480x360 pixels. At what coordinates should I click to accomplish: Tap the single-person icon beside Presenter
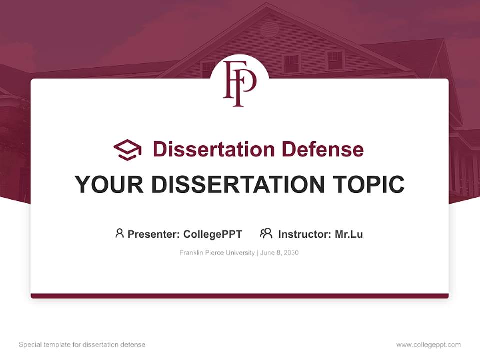click(x=119, y=233)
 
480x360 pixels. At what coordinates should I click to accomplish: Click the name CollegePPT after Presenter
click(x=213, y=234)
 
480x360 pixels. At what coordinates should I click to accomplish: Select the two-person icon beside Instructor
click(x=266, y=233)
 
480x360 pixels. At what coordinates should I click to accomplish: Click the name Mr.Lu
click(x=349, y=234)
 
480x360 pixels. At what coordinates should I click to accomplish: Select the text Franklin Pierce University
click(x=217, y=253)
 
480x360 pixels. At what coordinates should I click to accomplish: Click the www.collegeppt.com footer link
click(x=428, y=345)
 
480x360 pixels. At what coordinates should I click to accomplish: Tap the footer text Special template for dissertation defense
click(x=82, y=345)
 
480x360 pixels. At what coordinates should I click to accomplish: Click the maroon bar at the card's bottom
click(x=239, y=296)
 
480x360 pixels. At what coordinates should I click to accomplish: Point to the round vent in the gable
click(x=269, y=29)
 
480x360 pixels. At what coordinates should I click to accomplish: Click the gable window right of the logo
click(x=290, y=63)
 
